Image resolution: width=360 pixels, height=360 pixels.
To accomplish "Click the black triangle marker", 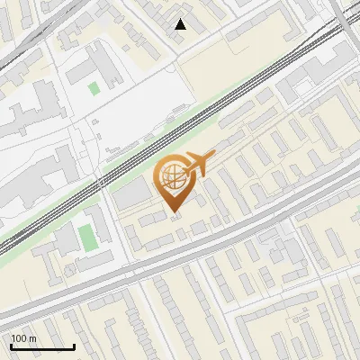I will coord(181,24).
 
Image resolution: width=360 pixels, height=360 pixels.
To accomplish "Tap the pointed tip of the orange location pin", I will coord(175,213).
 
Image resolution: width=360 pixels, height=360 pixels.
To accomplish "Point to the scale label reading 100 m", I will coord(24,338).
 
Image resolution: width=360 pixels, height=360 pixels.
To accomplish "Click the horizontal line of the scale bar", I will coord(42,346).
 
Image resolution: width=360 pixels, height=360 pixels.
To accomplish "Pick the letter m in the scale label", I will coord(33,338).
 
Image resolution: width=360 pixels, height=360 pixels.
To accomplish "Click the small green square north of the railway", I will coord(94,88).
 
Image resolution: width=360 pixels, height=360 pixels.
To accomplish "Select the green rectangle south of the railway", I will coord(86,238).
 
